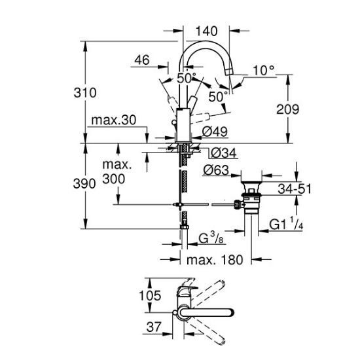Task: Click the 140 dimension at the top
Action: click(207, 30)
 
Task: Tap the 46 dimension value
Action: click(141, 60)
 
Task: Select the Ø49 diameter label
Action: click(214, 132)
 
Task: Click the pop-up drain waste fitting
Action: click(248, 198)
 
